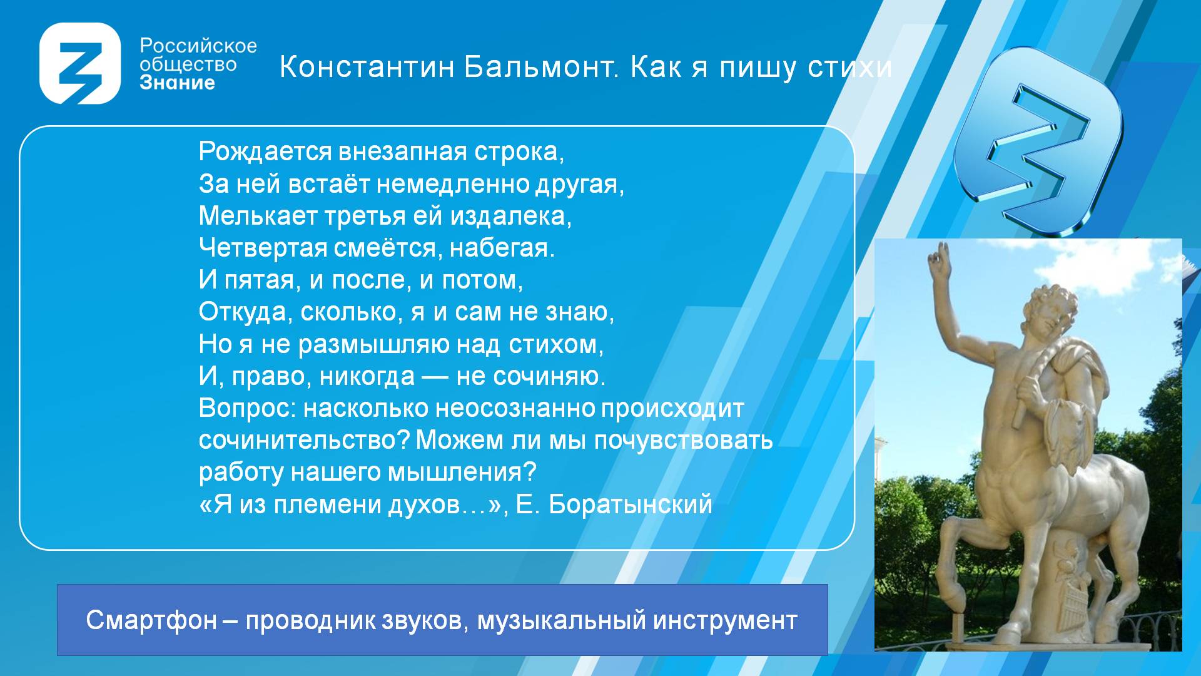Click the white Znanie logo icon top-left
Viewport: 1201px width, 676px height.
(x=79, y=63)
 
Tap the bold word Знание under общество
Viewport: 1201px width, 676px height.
(x=177, y=83)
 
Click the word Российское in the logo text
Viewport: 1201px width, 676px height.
(x=198, y=46)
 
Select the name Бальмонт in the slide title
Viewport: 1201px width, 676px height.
(x=542, y=67)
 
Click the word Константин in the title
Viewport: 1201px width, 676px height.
(x=367, y=67)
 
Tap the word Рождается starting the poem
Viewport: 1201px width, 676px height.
(x=265, y=152)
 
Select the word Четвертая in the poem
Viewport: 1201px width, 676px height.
(x=263, y=248)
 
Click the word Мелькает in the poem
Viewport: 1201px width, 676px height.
(x=258, y=216)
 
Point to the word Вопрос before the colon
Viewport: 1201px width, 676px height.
(x=246, y=409)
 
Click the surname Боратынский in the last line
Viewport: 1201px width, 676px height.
(x=631, y=505)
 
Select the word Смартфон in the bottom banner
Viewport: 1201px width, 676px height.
(x=151, y=621)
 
